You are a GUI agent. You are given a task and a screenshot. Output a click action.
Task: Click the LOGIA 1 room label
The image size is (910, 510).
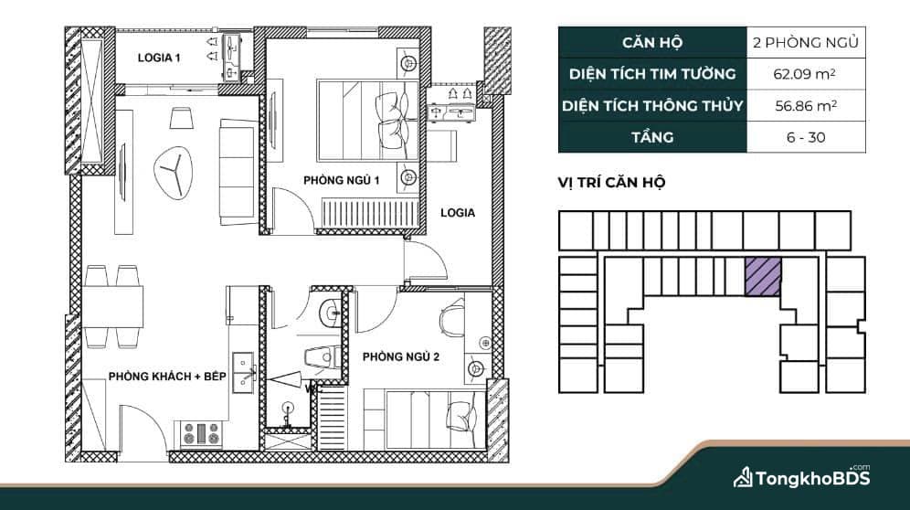tap(158, 58)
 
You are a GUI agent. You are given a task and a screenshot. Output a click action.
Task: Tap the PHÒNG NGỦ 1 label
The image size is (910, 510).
tap(342, 181)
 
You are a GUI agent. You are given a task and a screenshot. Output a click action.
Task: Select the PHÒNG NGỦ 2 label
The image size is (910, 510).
tap(401, 356)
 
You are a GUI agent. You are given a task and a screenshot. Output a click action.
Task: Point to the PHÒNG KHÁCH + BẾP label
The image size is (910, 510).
tap(167, 377)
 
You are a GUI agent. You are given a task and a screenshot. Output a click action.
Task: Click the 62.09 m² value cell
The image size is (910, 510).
tap(806, 74)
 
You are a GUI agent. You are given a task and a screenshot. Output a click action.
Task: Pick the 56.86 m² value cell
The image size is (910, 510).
tap(806, 106)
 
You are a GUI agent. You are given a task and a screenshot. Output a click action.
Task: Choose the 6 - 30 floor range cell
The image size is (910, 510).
tap(806, 137)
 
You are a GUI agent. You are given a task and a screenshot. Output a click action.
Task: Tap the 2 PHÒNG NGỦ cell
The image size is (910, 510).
tap(806, 42)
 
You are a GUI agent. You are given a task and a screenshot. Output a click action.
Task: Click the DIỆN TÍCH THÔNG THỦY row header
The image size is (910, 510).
tap(652, 106)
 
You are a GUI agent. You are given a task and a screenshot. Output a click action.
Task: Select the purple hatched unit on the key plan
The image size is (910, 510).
tap(763, 277)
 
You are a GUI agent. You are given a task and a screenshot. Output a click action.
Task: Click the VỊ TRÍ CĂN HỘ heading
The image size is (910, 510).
tap(611, 183)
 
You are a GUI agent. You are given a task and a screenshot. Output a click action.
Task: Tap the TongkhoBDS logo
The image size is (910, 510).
tap(801, 477)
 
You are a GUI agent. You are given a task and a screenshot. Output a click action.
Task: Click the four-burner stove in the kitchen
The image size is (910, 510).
tap(201, 434)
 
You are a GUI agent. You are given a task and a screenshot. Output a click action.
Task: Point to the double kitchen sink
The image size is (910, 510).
tap(244, 373)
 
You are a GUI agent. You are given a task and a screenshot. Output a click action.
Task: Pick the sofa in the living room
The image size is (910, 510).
tap(238, 172)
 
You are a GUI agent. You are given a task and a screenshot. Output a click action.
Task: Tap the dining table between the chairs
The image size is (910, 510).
tap(112, 307)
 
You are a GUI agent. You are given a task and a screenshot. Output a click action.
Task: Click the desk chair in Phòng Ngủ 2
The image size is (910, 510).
tap(451, 319)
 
